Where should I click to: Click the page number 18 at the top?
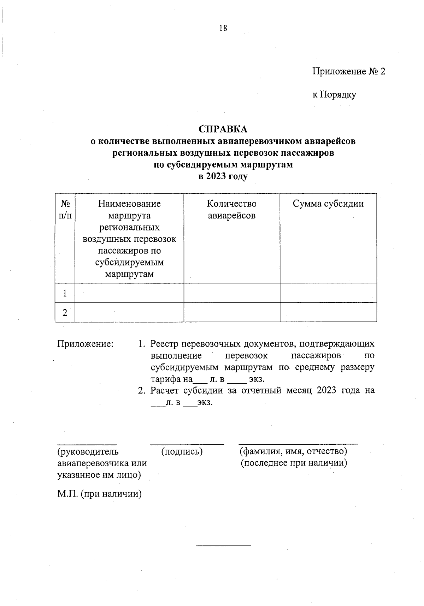pos(223,28)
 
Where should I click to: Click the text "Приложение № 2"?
pos(348,72)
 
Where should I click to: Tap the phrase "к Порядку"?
pos(334,95)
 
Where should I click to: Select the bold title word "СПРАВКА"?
pos(223,129)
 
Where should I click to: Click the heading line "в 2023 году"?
pos(223,176)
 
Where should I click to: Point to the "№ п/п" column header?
pos(65,209)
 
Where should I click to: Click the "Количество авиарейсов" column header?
pos(231,209)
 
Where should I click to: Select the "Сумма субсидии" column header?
pos(328,204)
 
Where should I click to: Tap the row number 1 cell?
pos(65,293)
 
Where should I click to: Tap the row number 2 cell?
pos(65,312)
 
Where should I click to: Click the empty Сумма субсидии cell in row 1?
pos(328,293)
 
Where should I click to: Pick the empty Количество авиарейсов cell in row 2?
pos(231,312)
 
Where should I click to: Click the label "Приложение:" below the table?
pos(85,343)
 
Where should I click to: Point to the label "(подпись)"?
pos(182,451)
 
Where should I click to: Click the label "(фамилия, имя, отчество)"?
pos(293,451)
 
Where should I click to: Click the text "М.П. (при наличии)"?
pos(99,494)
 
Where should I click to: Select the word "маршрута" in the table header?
pos(129,215)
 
